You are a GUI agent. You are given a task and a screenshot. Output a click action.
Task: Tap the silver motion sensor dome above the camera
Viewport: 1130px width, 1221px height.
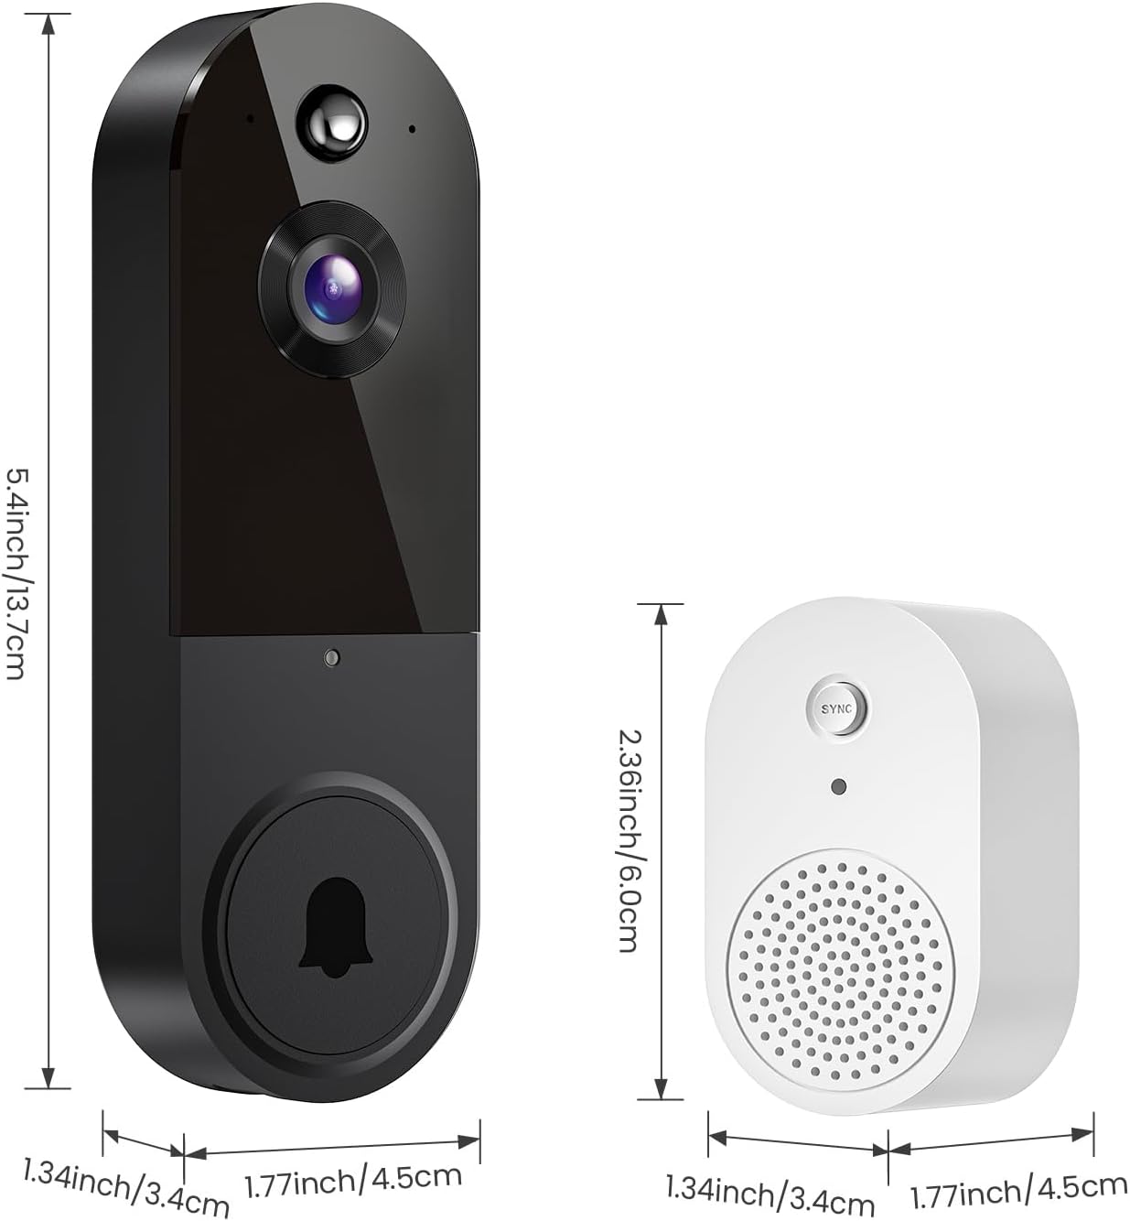pyautogui.click(x=331, y=122)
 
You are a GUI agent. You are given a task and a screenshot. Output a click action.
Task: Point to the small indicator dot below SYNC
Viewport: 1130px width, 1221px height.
pyautogui.click(x=838, y=786)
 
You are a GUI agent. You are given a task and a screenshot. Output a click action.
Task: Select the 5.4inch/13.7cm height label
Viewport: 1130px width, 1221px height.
pyautogui.click(x=16, y=573)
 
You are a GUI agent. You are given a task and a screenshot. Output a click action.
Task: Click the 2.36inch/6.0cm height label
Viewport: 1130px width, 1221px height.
pyautogui.click(x=628, y=839)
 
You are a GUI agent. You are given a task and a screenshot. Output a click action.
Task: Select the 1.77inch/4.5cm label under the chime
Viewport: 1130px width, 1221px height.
pyautogui.click(x=1018, y=1190)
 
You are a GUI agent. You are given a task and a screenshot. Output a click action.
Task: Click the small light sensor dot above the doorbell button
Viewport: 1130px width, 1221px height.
pyautogui.click(x=332, y=657)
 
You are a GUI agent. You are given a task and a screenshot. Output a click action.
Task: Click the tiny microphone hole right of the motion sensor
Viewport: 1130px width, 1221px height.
pyautogui.click(x=412, y=129)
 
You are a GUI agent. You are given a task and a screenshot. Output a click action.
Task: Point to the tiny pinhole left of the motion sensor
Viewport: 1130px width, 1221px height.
pyautogui.click(x=249, y=117)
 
